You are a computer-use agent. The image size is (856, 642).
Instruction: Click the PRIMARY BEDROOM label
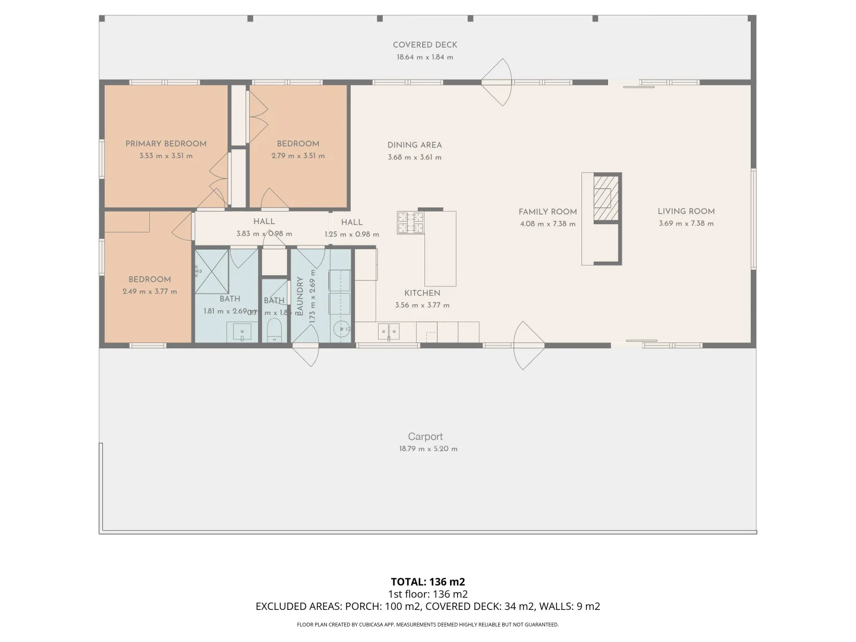166,143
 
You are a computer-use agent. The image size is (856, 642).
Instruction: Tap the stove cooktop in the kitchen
411,222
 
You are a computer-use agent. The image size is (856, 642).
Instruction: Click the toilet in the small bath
274,331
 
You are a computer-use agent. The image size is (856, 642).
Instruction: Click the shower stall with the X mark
212,272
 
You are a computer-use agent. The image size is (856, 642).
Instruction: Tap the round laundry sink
342,329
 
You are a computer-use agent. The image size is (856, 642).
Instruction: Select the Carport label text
425,436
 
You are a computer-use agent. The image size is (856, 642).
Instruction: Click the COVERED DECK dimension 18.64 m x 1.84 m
425,57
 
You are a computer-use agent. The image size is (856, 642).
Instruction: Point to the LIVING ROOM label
686,211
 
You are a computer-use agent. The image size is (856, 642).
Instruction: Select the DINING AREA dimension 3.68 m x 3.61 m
414,158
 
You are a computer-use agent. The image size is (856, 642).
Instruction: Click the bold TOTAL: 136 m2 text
428,581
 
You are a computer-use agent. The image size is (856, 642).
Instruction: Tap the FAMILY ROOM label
547,212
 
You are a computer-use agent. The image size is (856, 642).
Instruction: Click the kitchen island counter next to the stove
440,250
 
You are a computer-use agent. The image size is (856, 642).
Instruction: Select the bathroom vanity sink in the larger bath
242,332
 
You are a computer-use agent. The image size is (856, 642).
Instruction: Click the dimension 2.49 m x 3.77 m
150,291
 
